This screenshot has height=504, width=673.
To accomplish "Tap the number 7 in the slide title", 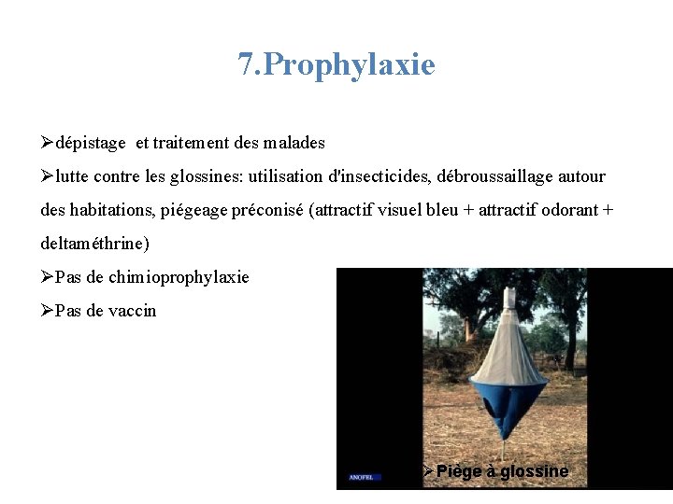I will [246, 64].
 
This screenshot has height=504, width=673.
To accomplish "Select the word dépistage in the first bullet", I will [91, 143].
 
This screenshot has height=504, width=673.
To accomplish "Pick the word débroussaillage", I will [495, 176].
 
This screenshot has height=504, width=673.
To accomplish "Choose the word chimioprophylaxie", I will [179, 277].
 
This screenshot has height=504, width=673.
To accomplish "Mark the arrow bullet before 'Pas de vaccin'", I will [48, 311].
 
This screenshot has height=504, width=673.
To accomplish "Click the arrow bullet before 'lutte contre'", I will [48, 176].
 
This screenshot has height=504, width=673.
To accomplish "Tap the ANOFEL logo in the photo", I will [361, 477].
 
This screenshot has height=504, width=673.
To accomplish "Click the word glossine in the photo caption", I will [534, 471].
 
